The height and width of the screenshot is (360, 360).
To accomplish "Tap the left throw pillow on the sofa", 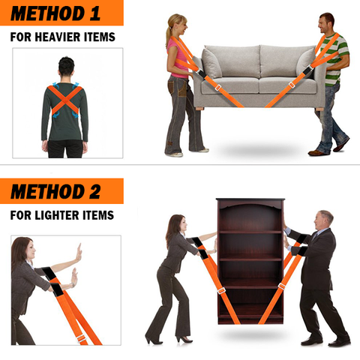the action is point(211,63).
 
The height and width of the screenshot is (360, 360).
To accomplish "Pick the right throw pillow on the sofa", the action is point(305,62).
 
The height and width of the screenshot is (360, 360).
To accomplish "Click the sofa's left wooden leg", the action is point(200,109).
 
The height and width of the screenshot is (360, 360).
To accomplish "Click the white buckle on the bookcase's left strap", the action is point(221,291).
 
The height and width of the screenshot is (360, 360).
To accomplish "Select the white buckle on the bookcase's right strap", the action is point(282,286).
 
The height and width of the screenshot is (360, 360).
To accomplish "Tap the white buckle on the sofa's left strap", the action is point(217,88).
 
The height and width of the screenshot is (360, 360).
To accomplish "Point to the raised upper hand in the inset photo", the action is point(79,253).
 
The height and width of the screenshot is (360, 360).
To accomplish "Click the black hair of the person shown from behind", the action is point(66,66).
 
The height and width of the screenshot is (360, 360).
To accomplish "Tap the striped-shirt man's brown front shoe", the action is point(316,152).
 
